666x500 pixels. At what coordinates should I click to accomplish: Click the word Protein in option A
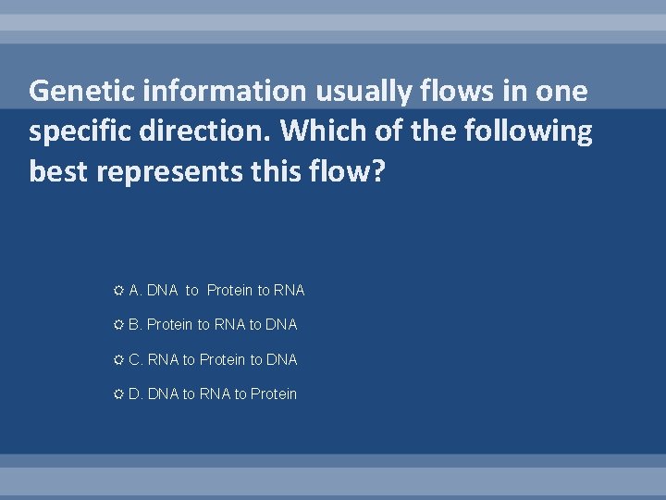(229, 291)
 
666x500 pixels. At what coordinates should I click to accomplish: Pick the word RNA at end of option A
(289, 291)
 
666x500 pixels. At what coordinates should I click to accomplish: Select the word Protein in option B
(169, 325)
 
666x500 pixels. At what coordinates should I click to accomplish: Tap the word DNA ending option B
(281, 325)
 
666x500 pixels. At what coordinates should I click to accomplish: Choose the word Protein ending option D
(274, 394)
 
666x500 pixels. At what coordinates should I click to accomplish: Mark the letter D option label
(134, 394)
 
